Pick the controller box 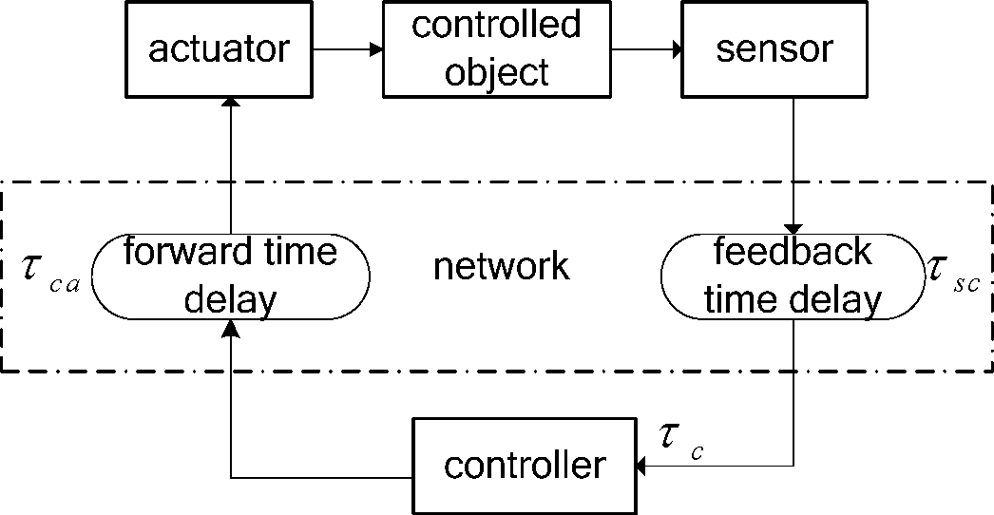525,466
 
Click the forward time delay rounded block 229,276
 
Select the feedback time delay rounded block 793,276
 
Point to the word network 501,267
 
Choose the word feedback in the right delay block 793,253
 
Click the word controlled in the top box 495,25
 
